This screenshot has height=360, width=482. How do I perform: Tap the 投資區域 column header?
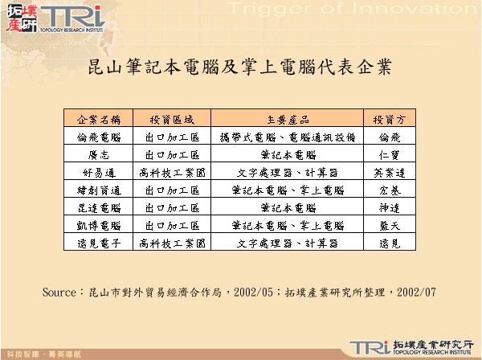172,119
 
